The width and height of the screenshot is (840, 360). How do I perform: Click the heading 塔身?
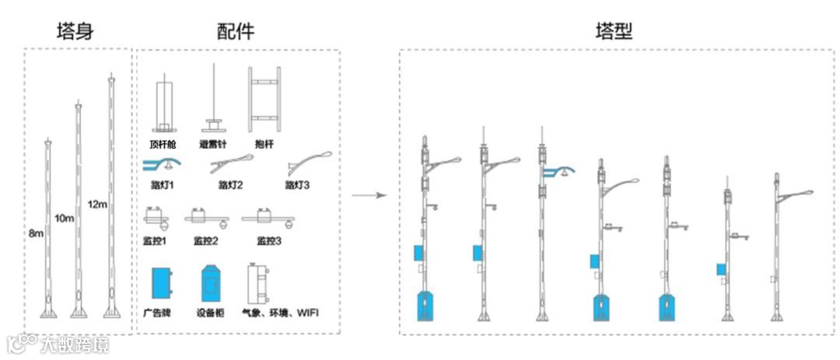(79, 31)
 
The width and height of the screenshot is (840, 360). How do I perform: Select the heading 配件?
(236, 31)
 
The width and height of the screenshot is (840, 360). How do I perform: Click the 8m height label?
(36, 233)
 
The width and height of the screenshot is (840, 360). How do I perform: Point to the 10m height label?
(65, 218)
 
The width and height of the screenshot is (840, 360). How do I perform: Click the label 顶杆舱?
(164, 144)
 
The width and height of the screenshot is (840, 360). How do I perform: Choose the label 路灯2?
(231, 185)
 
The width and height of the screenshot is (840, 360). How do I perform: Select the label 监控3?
(269, 240)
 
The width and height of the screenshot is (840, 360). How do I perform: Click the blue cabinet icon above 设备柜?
(212, 285)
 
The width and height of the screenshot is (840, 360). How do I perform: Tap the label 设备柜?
(211, 313)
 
